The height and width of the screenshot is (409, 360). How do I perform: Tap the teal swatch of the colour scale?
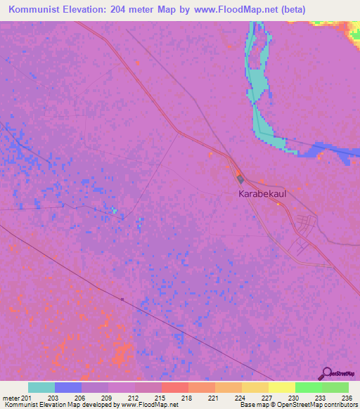[41, 387]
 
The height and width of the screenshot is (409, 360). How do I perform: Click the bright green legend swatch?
[308, 387]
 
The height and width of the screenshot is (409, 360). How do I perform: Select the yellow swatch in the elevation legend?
[281, 387]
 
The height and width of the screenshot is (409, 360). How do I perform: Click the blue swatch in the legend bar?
[68, 387]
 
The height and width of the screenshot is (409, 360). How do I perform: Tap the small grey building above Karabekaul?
[240, 179]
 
